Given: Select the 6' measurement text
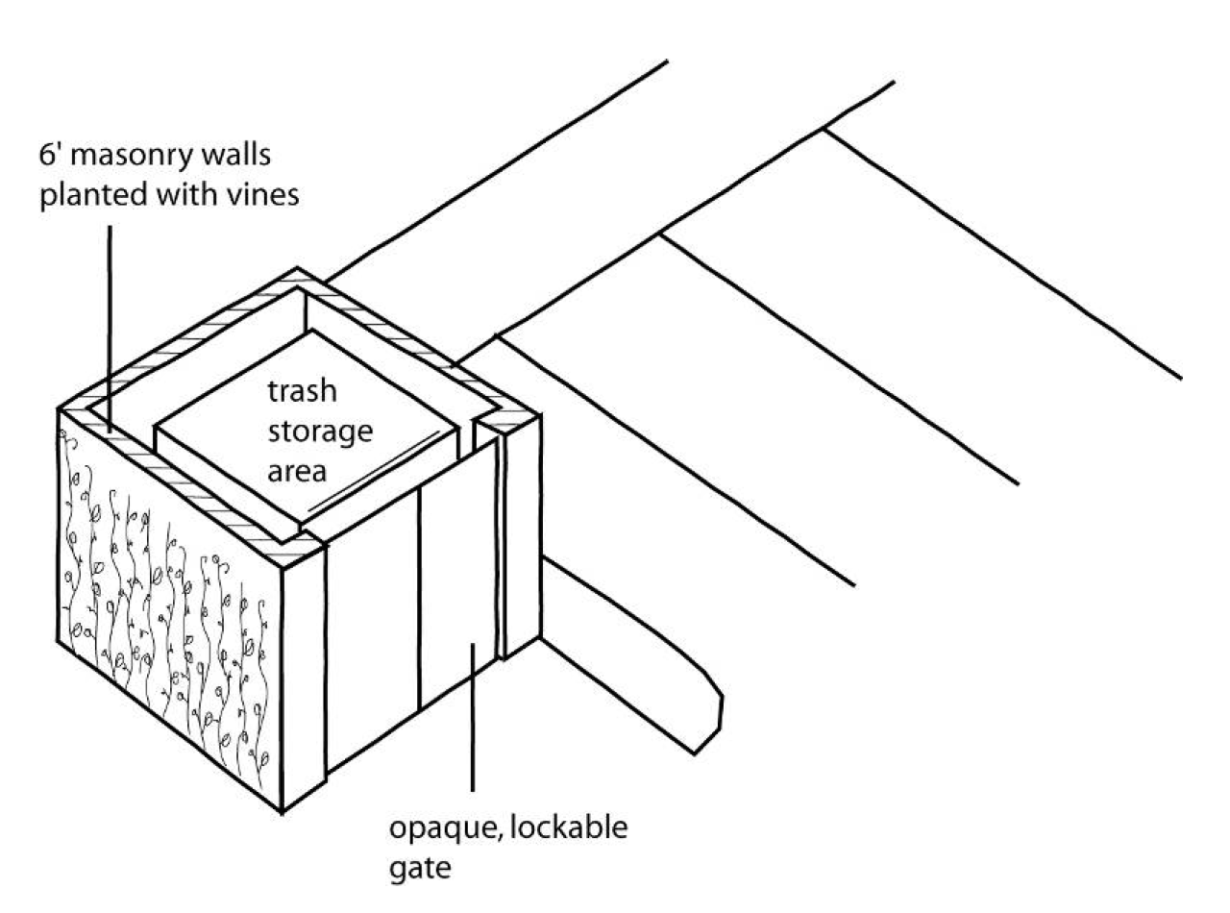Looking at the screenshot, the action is [51, 155].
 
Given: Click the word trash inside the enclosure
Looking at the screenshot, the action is [303, 391].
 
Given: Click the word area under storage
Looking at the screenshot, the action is [297, 473].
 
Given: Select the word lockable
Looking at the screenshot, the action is [569, 827].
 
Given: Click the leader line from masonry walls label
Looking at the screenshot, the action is [110, 329].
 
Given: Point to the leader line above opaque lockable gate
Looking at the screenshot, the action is [472, 717].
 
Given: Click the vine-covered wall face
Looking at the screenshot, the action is [169, 609].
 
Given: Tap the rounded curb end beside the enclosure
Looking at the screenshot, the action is [707, 716].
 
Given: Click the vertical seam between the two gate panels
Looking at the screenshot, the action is [419, 598].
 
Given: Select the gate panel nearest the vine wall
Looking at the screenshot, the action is [373, 629].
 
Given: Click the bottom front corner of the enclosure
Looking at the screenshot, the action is [282, 811].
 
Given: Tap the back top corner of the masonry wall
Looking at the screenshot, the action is [297, 268].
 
